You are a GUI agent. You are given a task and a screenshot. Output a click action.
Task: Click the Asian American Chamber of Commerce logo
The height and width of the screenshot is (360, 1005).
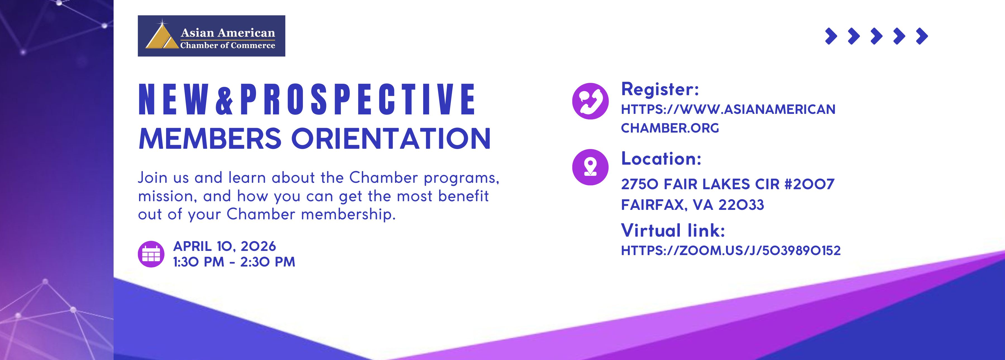tap(211, 36)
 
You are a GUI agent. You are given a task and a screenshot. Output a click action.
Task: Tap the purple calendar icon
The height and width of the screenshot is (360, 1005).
tap(151, 254)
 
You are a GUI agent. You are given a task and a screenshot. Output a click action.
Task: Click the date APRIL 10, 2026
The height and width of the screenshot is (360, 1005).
tap(224, 246)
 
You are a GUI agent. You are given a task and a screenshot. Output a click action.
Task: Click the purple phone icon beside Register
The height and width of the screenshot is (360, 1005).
tap(590, 101)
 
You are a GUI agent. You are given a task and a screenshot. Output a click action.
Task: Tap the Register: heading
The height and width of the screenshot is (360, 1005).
tap(660, 89)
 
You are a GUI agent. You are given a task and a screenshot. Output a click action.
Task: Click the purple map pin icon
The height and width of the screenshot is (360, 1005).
tap(590, 167)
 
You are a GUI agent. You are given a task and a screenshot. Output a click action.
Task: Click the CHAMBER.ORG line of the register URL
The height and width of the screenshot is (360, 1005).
tap(670, 128)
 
